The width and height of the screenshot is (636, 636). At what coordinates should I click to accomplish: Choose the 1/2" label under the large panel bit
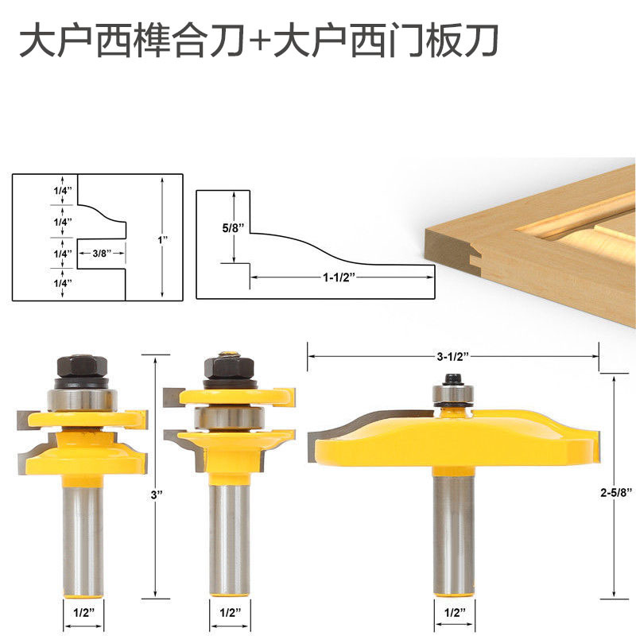click(453, 614)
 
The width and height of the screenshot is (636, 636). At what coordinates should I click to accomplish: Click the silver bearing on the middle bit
click(229, 414)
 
